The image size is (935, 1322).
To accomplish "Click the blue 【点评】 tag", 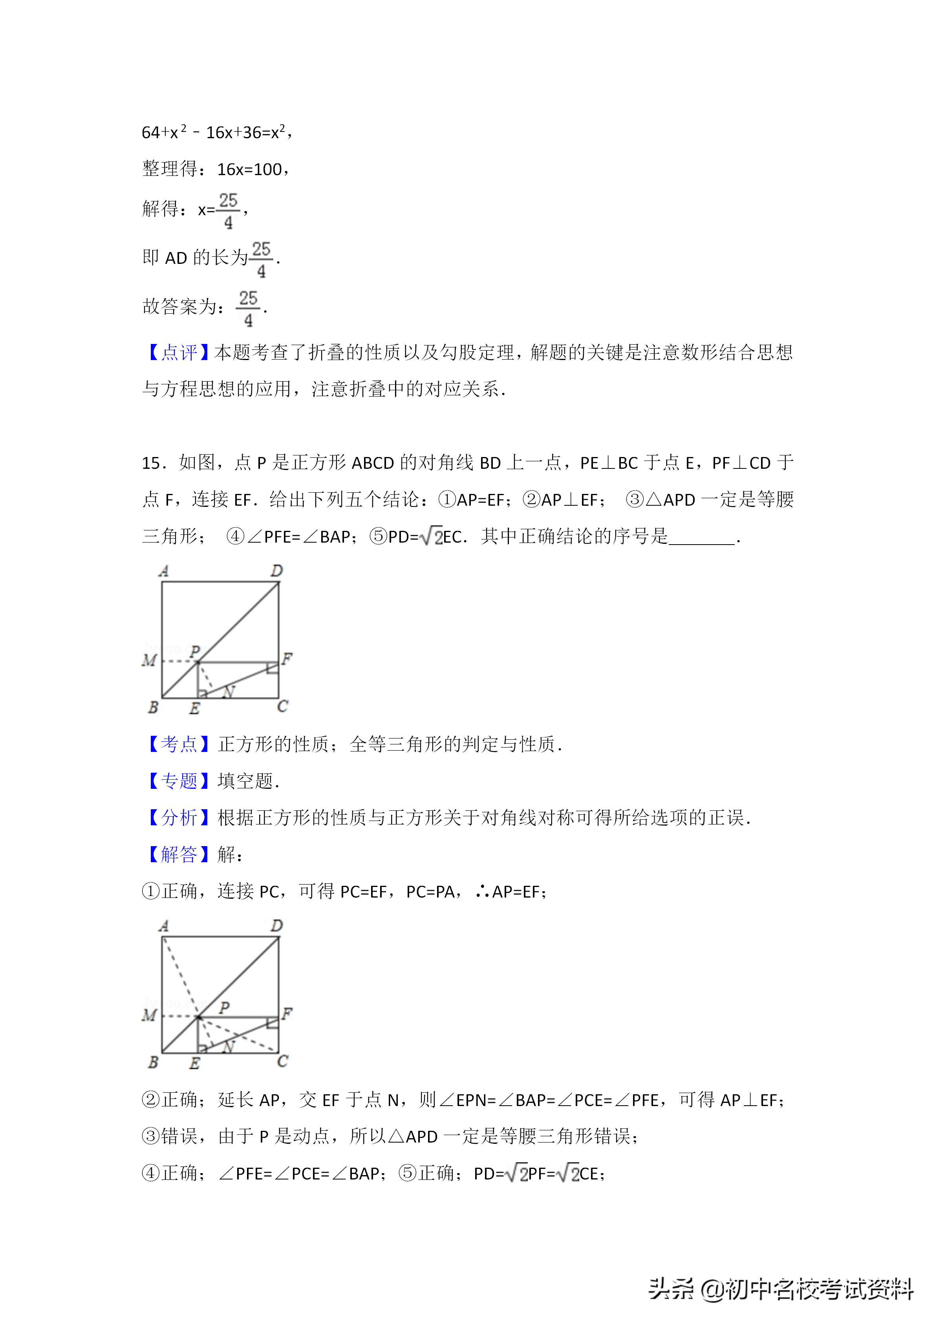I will pos(177,352).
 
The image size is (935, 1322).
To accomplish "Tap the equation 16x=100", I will pos(249,169).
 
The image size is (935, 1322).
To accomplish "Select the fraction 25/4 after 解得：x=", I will pos(228,211).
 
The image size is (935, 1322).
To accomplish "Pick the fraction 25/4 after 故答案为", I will pos(248,309).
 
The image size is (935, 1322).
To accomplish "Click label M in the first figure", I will pos(149,660).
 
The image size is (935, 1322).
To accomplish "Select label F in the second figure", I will pos(287,1013).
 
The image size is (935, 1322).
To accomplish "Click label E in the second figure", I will pos(195,1063).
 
